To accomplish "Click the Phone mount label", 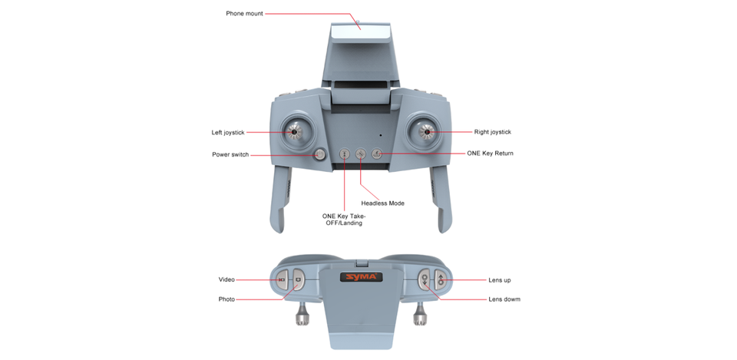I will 244,13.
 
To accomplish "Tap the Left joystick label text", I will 228,132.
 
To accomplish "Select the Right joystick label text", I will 492,132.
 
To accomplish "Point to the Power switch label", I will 230,154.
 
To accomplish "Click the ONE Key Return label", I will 490,154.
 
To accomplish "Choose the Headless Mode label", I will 382,203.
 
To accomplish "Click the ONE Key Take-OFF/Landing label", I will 343,220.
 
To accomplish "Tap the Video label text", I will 226,279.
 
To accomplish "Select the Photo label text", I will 226,299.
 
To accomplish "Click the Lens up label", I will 500,280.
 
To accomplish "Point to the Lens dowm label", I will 504,299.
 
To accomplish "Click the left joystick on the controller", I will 294,131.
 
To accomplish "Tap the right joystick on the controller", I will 427,132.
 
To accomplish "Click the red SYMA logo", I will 361,276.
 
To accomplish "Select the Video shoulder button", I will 282,279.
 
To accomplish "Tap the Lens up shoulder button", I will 441,280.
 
